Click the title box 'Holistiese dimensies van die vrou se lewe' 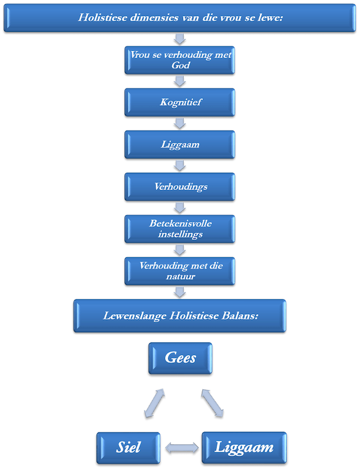click(180, 17)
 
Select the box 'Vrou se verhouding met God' click(180, 60)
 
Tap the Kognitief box click(180, 103)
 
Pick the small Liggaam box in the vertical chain click(180, 145)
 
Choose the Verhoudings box click(180, 187)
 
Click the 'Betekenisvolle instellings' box click(180, 229)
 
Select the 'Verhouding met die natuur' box click(180, 270)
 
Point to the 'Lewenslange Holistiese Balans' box click(180, 315)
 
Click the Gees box click(180, 359)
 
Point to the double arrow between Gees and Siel click(154, 402)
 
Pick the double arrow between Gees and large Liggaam click(213, 402)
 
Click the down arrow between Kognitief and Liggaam click(179, 124)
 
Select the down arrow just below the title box click(179, 39)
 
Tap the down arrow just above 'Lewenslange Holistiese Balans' click(179, 292)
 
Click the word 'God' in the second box click(180, 65)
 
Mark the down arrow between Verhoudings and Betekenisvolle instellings click(179, 208)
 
